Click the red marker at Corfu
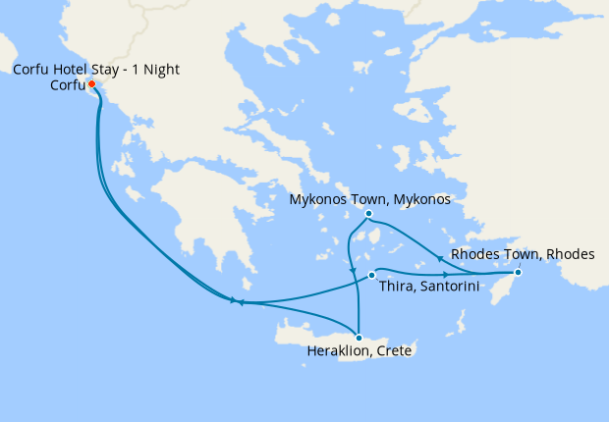point(92,83)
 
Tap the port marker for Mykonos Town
point(368,214)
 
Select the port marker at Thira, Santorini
point(371,275)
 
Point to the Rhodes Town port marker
point(518,272)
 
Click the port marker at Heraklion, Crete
point(359,338)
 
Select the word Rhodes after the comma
point(571,254)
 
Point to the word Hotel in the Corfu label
point(74,69)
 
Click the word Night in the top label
point(160,69)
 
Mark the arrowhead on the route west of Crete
point(236,302)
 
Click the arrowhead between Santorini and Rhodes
point(447,273)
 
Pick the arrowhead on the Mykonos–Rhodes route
point(438,259)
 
